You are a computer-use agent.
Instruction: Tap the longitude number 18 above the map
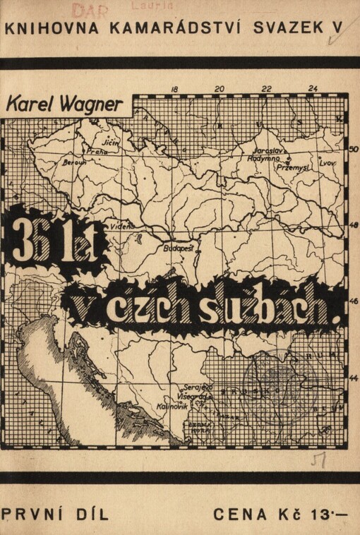(x=174, y=89)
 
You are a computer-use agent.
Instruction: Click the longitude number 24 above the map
(x=313, y=89)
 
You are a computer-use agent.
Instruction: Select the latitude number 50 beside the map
(x=354, y=149)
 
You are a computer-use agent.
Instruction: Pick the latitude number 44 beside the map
(x=354, y=378)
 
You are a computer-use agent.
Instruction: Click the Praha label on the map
(x=97, y=150)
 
